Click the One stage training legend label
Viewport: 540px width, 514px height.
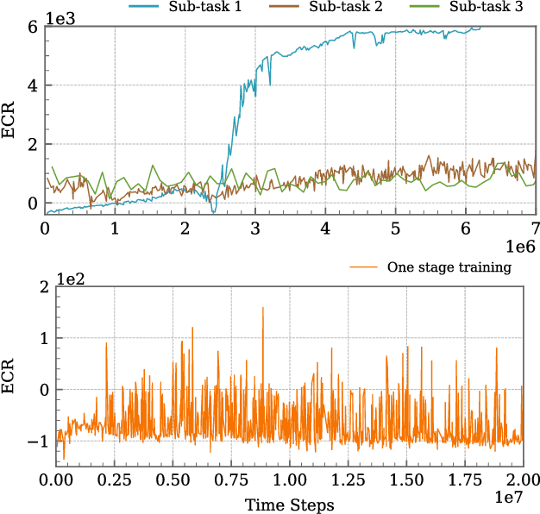(449, 267)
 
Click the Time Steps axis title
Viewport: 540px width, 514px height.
(289, 505)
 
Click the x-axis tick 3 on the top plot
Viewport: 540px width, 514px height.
(255, 229)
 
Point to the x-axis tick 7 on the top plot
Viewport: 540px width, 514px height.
(536, 229)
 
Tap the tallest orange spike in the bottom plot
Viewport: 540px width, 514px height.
(262, 309)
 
